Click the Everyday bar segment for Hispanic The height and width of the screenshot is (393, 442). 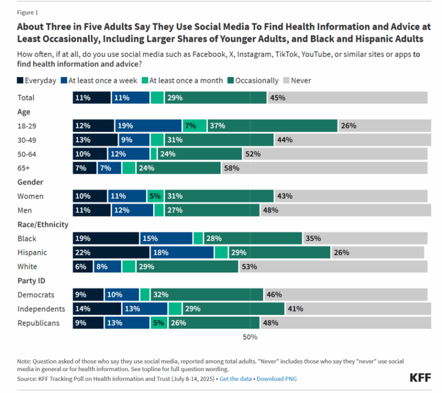pyautogui.click(x=111, y=252)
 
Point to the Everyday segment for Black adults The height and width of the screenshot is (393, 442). pyautogui.click(x=106, y=238)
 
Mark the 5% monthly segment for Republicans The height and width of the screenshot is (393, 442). pyautogui.click(x=158, y=323)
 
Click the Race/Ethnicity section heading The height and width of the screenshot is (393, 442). pyautogui.click(x=43, y=225)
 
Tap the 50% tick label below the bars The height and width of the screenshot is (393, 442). pyautogui.click(x=250, y=337)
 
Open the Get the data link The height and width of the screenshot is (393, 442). pyautogui.click(x=236, y=379)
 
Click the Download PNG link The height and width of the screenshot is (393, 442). pyautogui.click(x=277, y=379)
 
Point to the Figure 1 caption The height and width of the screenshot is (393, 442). pyautogui.click(x=27, y=12)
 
